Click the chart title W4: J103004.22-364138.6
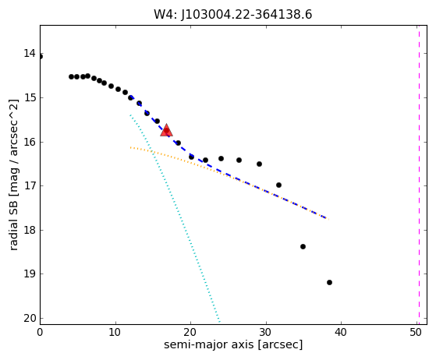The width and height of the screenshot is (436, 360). click(233, 15)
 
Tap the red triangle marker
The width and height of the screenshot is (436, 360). click(166, 130)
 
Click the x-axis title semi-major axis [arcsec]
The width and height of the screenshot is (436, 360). click(233, 344)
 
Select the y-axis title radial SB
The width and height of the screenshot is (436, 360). click(13, 226)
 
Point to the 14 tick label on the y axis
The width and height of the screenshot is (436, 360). click(30, 53)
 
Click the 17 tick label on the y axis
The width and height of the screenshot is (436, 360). click(30, 185)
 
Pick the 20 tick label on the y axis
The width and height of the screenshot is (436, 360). click(30, 318)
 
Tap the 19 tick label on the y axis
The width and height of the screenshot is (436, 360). click(30, 274)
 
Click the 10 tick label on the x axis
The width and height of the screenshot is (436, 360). click(115, 332)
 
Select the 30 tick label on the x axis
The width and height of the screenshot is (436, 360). click(266, 332)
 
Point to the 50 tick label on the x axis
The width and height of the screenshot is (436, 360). click(417, 332)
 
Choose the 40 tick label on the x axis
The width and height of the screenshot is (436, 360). click(341, 332)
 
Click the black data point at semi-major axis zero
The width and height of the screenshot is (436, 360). click(41, 57)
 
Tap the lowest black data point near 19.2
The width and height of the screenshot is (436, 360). click(329, 283)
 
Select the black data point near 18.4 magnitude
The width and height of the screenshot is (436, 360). click(303, 247)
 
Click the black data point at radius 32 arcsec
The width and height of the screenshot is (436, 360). click(279, 185)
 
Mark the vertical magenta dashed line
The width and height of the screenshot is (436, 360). click(419, 175)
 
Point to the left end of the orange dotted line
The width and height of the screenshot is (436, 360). click(130, 147)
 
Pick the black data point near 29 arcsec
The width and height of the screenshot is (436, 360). click(259, 164)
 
